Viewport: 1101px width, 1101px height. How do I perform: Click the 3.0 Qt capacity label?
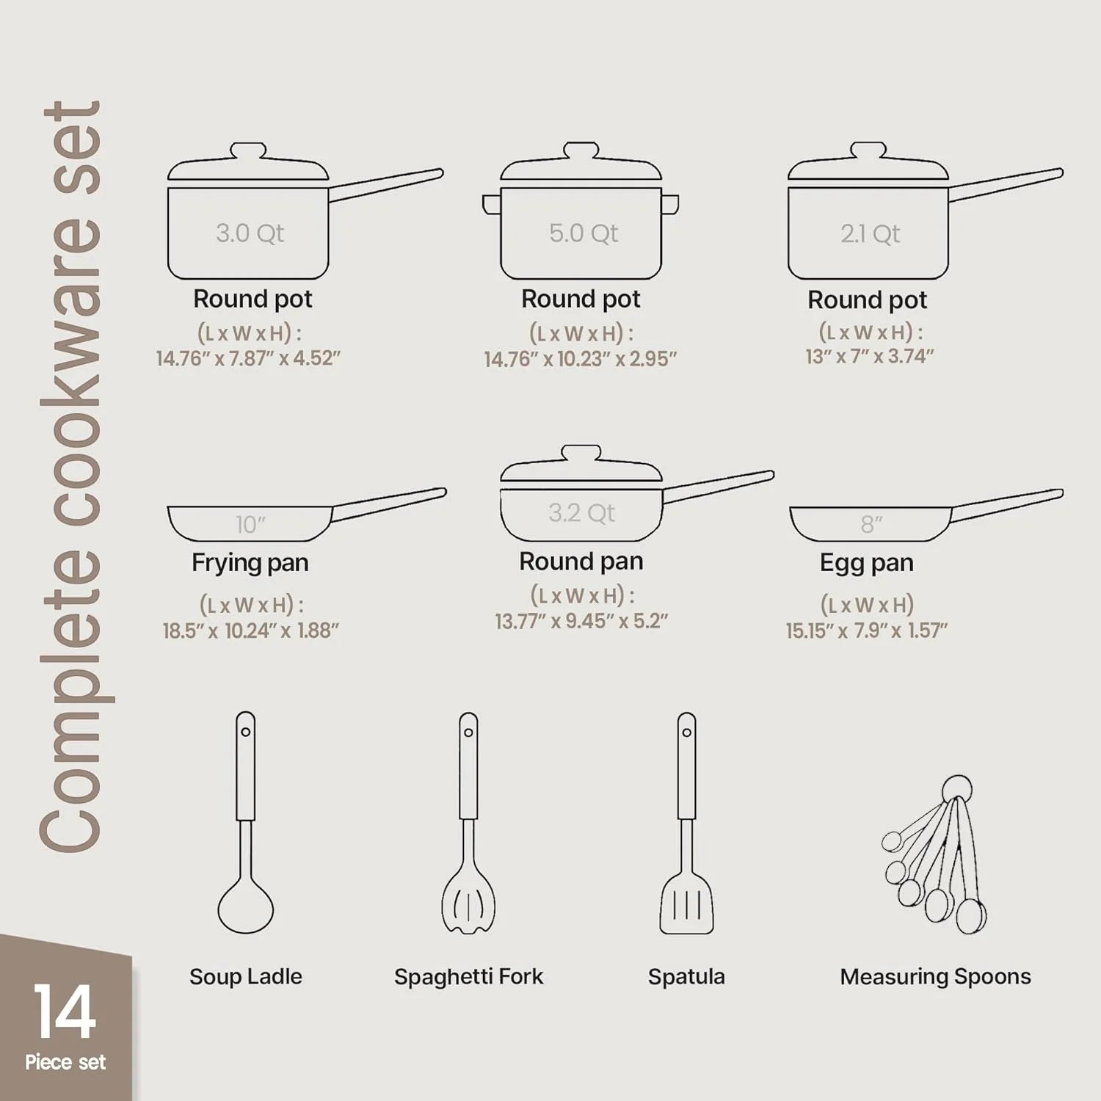pyautogui.click(x=250, y=233)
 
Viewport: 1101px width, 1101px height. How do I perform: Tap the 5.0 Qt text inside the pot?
pyautogui.click(x=584, y=233)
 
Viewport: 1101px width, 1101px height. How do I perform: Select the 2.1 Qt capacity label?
pyautogui.click(x=871, y=234)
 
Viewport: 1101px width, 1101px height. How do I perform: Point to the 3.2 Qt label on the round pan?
pyautogui.click(x=581, y=512)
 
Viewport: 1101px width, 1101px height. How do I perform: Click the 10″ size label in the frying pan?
pyautogui.click(x=250, y=524)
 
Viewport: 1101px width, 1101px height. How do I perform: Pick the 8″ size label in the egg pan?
pyautogui.click(x=871, y=524)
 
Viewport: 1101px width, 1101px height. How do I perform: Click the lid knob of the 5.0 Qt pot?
pyautogui.click(x=581, y=151)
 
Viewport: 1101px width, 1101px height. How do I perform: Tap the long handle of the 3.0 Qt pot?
pyautogui.click(x=385, y=185)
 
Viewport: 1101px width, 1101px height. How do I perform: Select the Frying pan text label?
pyautogui.click(x=250, y=563)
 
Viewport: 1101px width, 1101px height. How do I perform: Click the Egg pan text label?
pyautogui.click(x=866, y=563)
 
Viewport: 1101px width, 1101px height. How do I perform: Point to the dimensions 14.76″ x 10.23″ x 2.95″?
pyautogui.click(x=580, y=359)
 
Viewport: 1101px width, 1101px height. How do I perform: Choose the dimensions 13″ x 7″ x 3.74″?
pyautogui.click(x=870, y=357)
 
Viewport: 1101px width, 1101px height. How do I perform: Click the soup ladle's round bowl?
pyautogui.click(x=245, y=908)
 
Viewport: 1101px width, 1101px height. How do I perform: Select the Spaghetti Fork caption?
pyautogui.click(x=468, y=977)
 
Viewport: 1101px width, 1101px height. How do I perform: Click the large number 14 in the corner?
pyautogui.click(x=65, y=1012)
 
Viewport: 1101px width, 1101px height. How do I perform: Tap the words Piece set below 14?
pyautogui.click(x=65, y=1062)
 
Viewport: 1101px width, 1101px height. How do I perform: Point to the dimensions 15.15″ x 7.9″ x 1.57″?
pyautogui.click(x=866, y=631)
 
